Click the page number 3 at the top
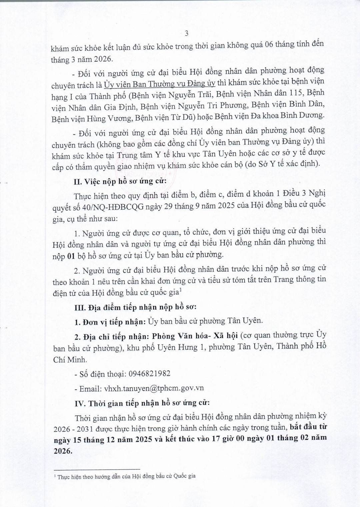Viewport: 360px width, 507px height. pos(186,33)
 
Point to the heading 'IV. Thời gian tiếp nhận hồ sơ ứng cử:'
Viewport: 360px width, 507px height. pos(142,403)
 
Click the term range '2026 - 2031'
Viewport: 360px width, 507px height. pos(71,427)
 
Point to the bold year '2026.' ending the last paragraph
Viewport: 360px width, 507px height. pos(62,451)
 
